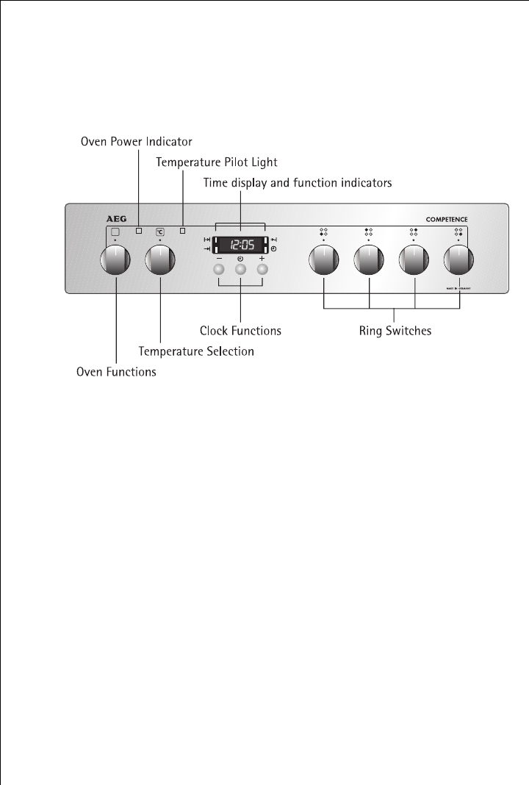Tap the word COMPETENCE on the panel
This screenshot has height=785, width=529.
pyautogui.click(x=447, y=219)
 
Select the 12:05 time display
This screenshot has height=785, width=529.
pyautogui.click(x=240, y=245)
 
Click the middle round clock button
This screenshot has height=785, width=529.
pyautogui.click(x=240, y=270)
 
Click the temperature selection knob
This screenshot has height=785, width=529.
pyautogui.click(x=160, y=259)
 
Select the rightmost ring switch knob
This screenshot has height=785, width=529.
pyautogui.click(x=458, y=259)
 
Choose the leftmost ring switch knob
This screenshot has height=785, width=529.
pyautogui.click(x=323, y=259)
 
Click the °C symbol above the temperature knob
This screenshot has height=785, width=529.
pyautogui.click(x=160, y=232)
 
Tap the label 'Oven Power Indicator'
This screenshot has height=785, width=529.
pyautogui.click(x=136, y=141)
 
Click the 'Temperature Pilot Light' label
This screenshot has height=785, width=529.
pyautogui.click(x=217, y=161)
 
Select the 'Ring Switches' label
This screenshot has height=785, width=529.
pyautogui.click(x=395, y=331)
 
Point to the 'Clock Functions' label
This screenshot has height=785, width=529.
pyautogui.click(x=240, y=331)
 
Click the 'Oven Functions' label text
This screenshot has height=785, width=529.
pyautogui.click(x=116, y=372)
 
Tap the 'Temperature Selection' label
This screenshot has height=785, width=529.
pyautogui.click(x=196, y=352)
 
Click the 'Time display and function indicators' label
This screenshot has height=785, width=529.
pyautogui.click(x=298, y=182)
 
